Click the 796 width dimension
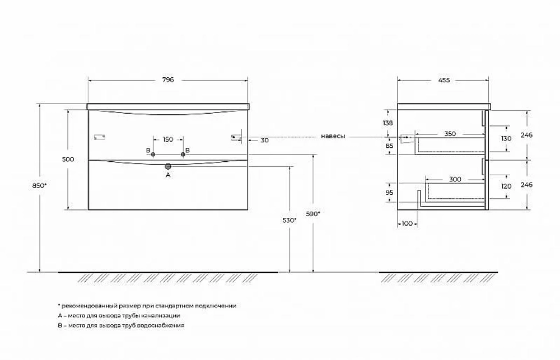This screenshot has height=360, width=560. pyautogui.click(x=168, y=80)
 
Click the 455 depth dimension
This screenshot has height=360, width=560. pyautogui.click(x=444, y=81)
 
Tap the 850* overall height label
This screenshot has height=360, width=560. pyautogui.click(x=40, y=185)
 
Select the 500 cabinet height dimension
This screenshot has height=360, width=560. pyautogui.click(x=68, y=160)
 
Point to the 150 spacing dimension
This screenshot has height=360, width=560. pyautogui.click(x=168, y=139)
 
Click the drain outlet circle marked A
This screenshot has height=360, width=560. pyautogui.click(x=168, y=166)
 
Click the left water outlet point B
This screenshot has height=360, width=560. pyautogui.click(x=153, y=155)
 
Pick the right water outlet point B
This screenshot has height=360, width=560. pyautogui.click(x=183, y=155)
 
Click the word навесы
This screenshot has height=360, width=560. pyautogui.click(x=333, y=136)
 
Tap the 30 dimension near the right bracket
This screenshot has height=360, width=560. pyautogui.click(x=264, y=141)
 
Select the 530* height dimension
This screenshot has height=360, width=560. pyautogui.click(x=290, y=221)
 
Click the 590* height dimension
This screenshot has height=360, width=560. pyautogui.click(x=313, y=213)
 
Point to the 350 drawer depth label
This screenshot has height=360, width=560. pyautogui.click(x=450, y=134)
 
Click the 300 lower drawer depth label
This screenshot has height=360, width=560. pyautogui.click(x=455, y=179)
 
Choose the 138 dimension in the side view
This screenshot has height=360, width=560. pyautogui.click(x=388, y=123)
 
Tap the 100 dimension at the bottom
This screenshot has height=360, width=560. pyautogui.click(x=407, y=223)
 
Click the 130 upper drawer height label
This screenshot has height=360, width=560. pyautogui.click(x=506, y=139)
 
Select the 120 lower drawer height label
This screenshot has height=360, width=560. pyautogui.click(x=506, y=186)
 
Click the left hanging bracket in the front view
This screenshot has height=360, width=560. pyautogui.click(x=99, y=137)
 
